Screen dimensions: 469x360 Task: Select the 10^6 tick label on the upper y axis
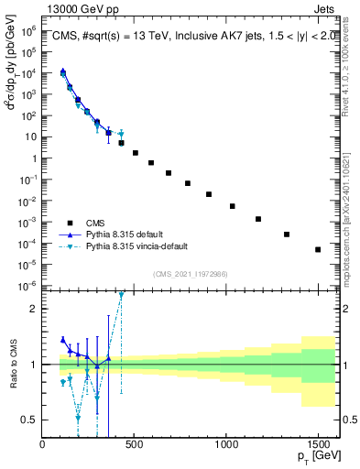[27, 30]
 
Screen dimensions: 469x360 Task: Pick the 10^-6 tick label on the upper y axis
[27, 286]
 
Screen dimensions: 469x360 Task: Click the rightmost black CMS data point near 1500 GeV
[318, 249]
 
